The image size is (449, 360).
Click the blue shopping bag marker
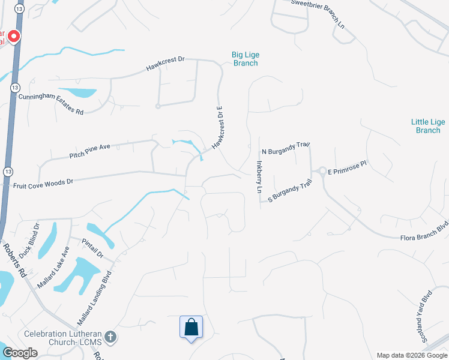191,328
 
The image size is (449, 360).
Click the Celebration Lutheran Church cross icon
110,337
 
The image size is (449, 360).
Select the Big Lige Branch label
245,59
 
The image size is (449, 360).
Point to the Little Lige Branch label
428,126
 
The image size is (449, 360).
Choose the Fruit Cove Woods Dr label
43,184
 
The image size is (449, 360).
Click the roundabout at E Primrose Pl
322,172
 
